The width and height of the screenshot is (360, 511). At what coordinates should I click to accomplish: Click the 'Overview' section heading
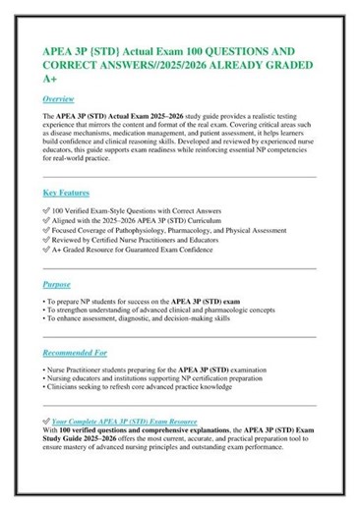(x=59, y=99)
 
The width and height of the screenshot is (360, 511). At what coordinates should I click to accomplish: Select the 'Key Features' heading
(x=67, y=192)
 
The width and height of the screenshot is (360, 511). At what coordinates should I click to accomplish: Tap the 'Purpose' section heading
(x=57, y=284)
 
